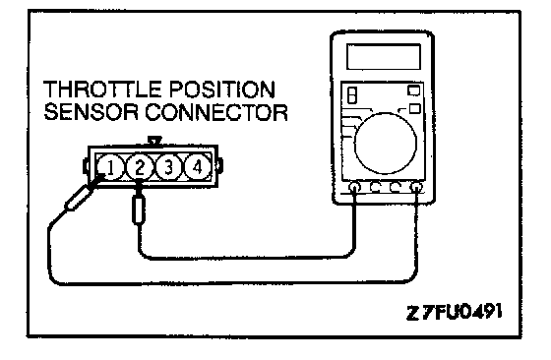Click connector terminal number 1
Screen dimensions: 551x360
point(110,168)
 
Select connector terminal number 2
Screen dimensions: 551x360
point(140,167)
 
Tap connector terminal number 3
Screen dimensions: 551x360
point(168,167)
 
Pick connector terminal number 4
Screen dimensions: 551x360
point(198,167)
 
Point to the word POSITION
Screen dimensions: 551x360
point(222,90)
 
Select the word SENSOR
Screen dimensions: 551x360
point(91,112)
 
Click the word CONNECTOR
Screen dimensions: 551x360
point(216,112)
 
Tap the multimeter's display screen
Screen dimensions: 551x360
point(384,56)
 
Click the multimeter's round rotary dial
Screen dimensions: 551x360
point(386,144)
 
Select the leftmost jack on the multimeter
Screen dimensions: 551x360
point(354,187)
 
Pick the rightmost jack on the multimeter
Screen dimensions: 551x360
point(417,187)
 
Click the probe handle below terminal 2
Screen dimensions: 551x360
point(139,210)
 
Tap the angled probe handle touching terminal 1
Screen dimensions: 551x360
point(78,198)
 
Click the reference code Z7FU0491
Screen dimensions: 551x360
point(454,312)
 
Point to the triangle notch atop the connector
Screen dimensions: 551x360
point(154,141)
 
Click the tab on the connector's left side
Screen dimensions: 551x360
point(86,166)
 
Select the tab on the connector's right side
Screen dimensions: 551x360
point(220,165)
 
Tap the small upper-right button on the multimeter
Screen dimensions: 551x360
point(413,90)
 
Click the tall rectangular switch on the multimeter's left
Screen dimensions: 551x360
point(352,94)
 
